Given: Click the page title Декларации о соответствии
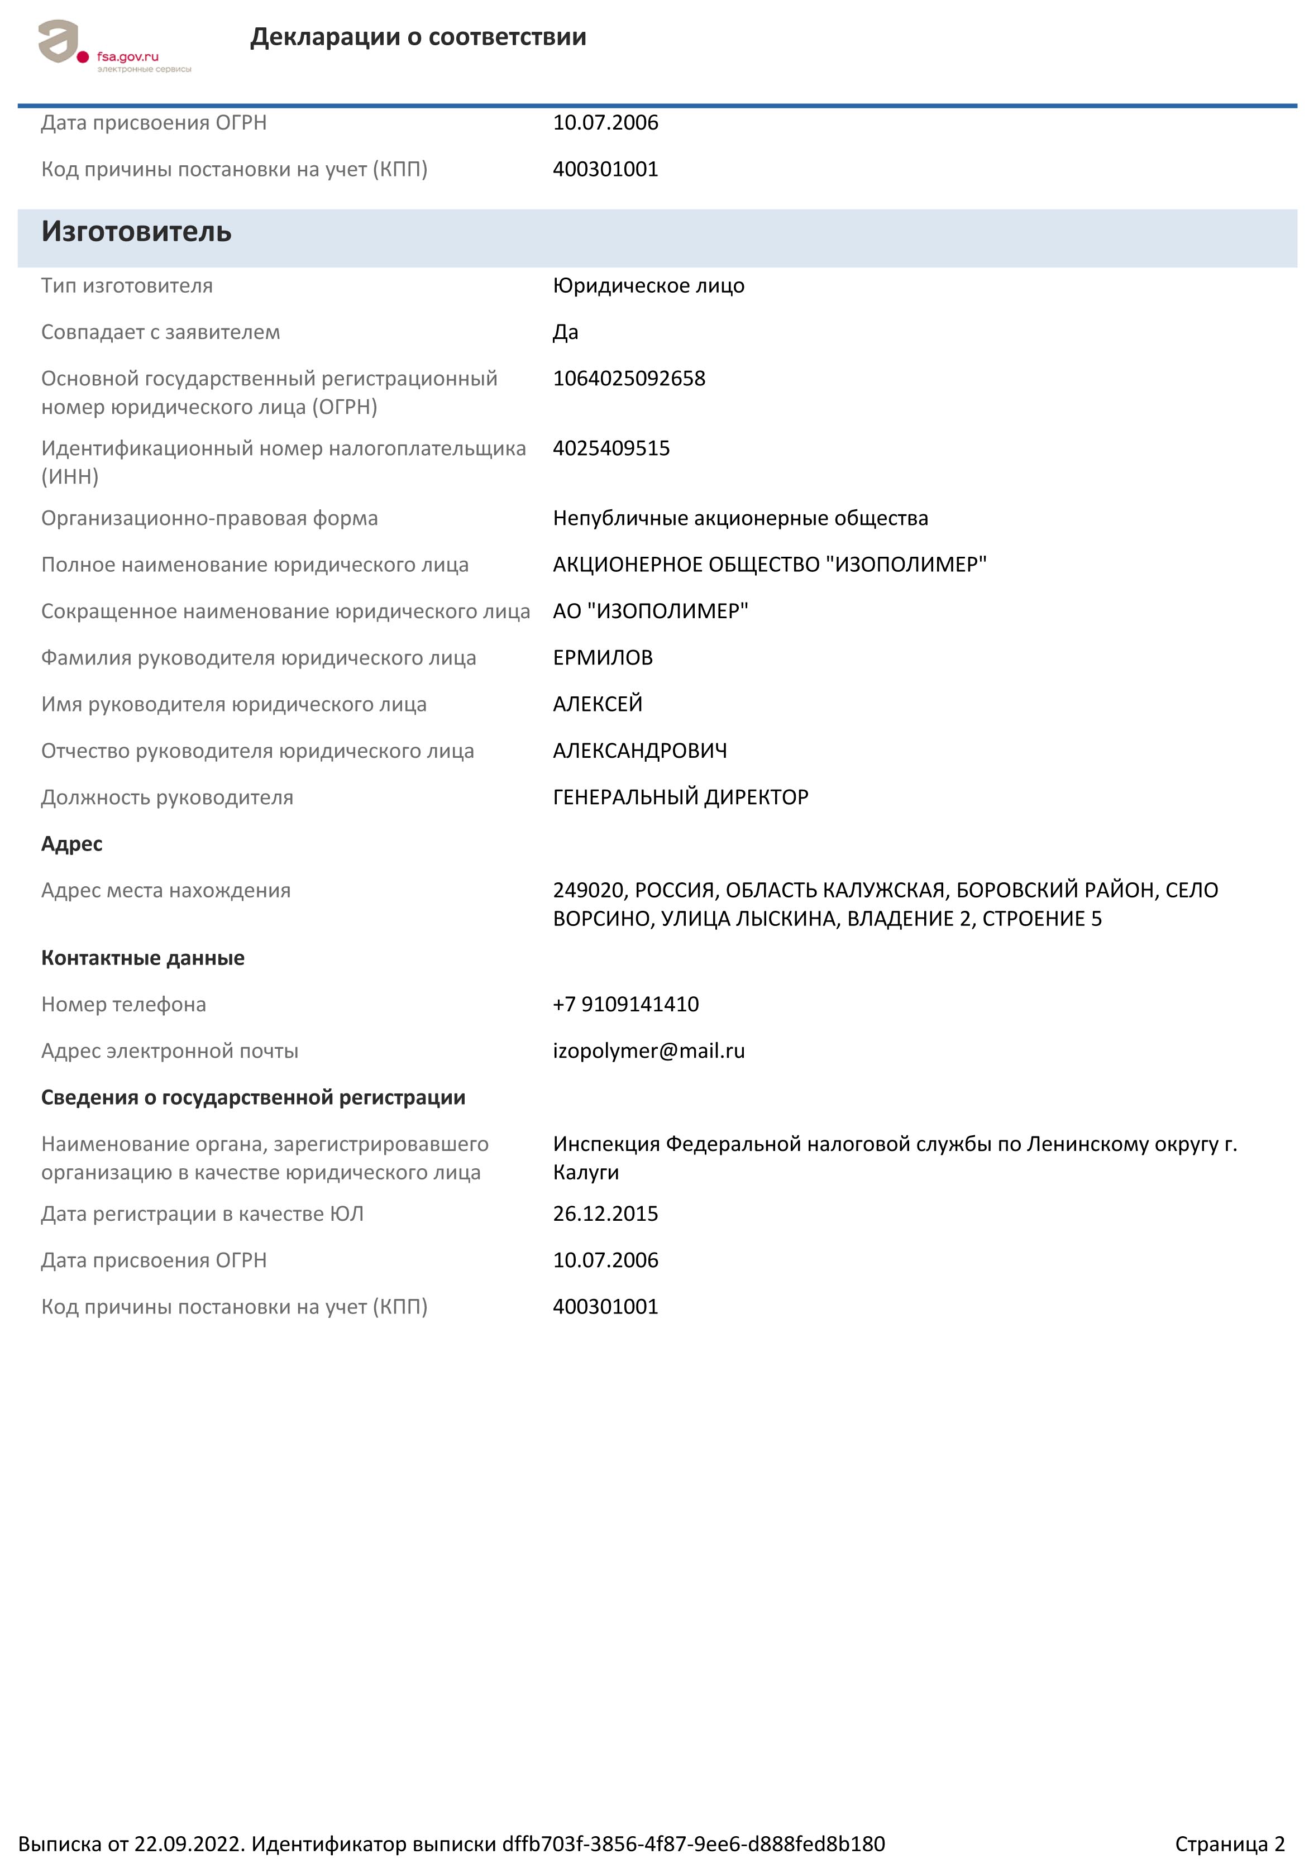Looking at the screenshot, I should click(x=418, y=37).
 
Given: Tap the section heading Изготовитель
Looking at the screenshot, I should click(x=136, y=232).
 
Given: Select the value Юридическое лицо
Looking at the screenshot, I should click(x=648, y=285).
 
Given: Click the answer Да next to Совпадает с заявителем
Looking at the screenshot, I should click(x=566, y=332).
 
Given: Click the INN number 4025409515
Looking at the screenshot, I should click(x=611, y=448).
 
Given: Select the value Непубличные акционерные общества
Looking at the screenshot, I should click(x=740, y=518).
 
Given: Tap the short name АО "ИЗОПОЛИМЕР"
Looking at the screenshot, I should click(x=650, y=611).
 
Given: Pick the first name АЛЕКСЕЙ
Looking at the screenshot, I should click(x=598, y=704).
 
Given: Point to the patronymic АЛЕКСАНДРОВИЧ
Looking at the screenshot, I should click(x=639, y=751).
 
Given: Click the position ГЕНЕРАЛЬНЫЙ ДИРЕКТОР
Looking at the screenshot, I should click(x=680, y=797).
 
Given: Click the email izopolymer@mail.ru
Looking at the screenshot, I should click(x=648, y=1052).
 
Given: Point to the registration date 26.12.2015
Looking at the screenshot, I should click(x=605, y=1214).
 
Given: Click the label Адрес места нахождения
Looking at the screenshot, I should click(x=165, y=891).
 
